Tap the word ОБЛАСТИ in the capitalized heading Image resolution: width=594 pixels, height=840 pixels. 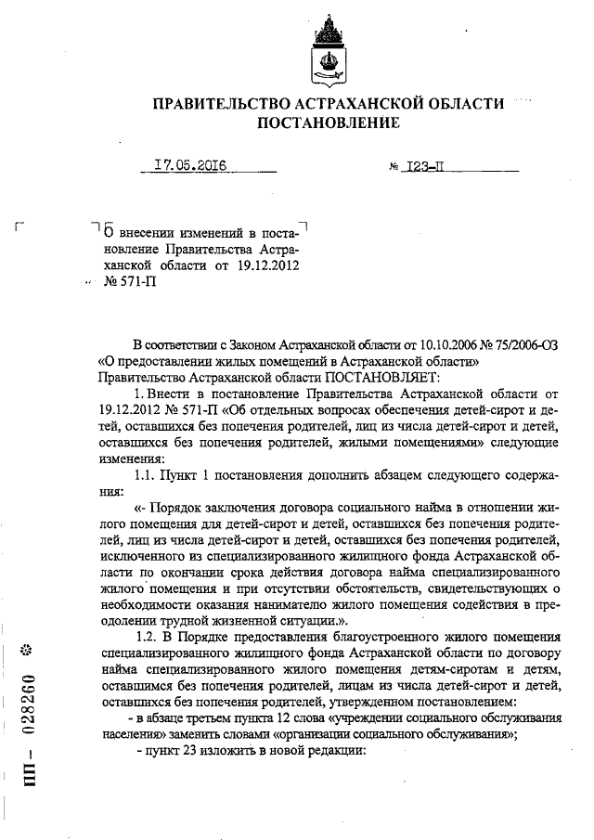click(x=460, y=104)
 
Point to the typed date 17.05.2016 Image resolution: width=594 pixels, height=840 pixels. click(x=190, y=167)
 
